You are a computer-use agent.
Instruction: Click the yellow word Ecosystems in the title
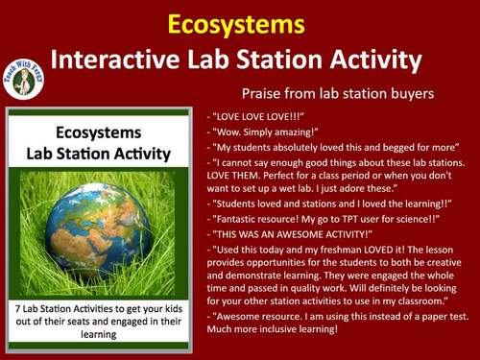point(239,23)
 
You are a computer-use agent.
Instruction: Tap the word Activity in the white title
point(373,60)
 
